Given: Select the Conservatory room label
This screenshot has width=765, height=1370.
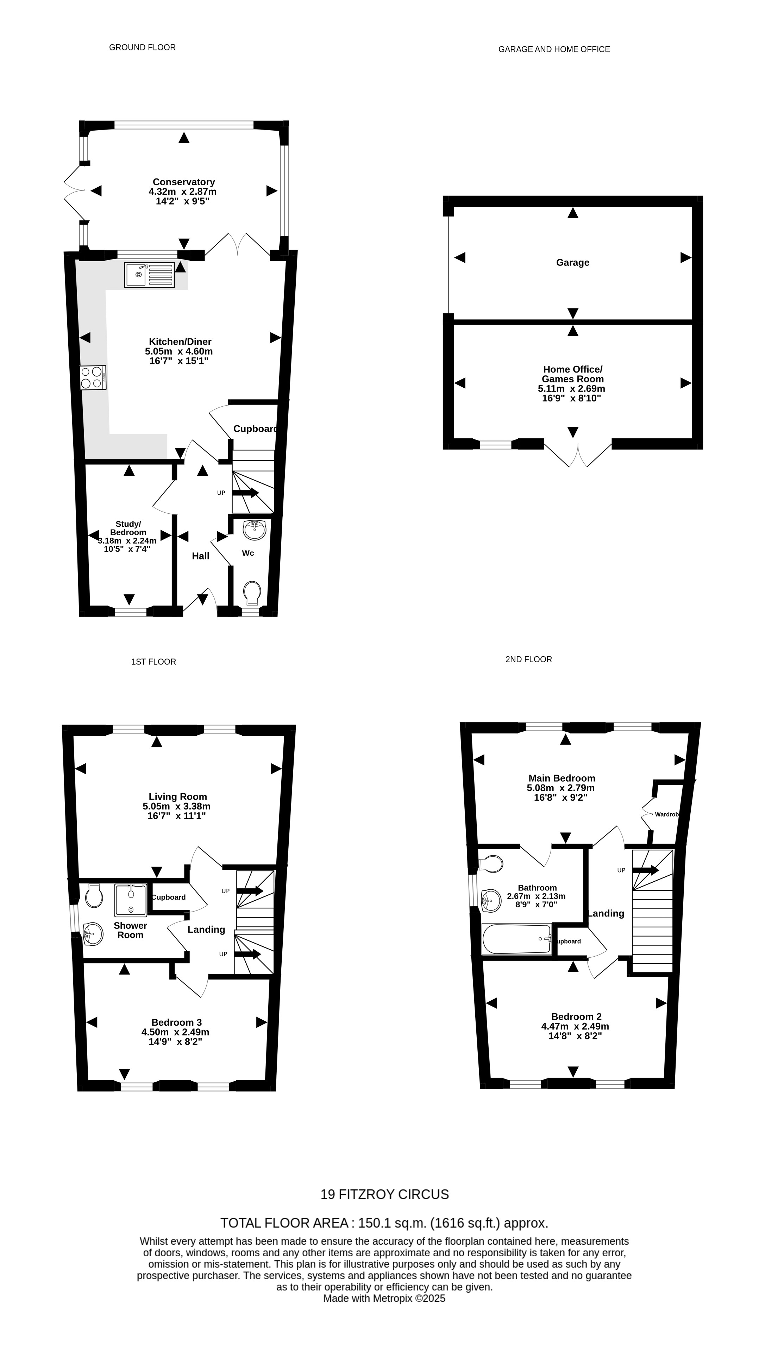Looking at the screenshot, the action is [x=183, y=182].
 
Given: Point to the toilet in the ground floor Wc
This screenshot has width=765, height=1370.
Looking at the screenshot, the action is [x=252, y=593].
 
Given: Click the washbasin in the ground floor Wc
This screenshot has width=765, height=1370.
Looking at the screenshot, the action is [x=254, y=530].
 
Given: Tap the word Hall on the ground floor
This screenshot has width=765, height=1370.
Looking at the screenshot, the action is [x=200, y=556].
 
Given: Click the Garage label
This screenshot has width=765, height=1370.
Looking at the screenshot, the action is [x=572, y=262].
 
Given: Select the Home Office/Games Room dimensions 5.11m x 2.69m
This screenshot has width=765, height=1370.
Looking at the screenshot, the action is [x=571, y=389].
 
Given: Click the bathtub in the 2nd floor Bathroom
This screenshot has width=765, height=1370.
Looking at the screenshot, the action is [x=516, y=939].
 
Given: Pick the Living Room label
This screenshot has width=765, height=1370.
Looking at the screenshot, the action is [x=177, y=797].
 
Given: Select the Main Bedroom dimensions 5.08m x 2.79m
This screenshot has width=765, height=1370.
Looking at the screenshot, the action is [x=561, y=788].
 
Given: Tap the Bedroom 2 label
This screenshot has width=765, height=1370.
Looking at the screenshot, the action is [x=576, y=1016].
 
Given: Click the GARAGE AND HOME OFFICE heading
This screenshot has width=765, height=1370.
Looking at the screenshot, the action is [x=554, y=49].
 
